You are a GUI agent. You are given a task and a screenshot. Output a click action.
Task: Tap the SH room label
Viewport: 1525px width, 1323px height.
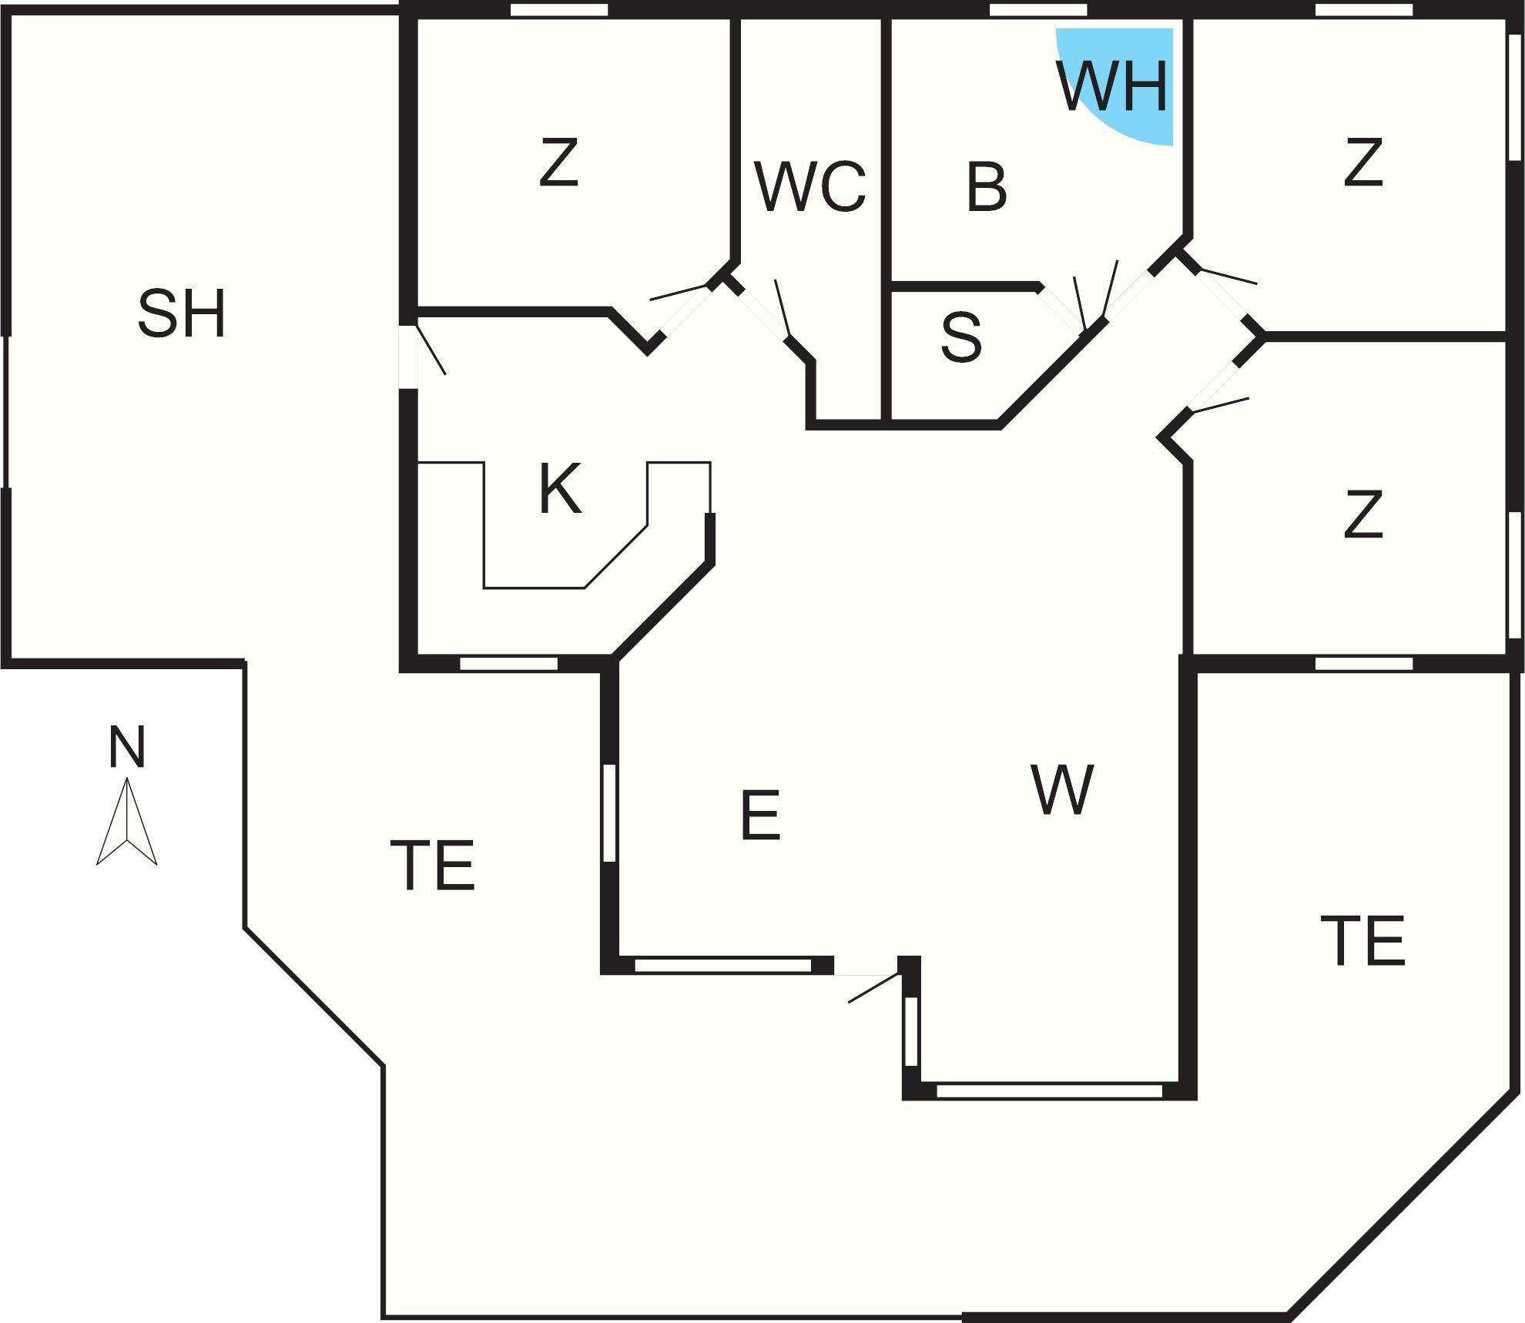pyautogui.click(x=182, y=313)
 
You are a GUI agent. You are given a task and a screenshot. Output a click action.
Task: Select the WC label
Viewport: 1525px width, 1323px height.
pyautogui.click(x=810, y=186)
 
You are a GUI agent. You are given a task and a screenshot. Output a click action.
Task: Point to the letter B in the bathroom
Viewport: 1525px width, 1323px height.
pyautogui.click(x=986, y=187)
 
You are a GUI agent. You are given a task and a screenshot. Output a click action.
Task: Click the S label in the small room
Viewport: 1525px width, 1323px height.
pyautogui.click(x=962, y=337)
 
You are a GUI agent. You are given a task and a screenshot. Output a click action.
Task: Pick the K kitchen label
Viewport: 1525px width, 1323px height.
pyautogui.click(x=559, y=489)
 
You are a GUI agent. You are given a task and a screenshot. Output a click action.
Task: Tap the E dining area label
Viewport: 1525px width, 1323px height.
pyautogui.click(x=759, y=815)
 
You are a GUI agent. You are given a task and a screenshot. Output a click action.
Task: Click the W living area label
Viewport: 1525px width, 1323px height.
pyautogui.click(x=1062, y=789)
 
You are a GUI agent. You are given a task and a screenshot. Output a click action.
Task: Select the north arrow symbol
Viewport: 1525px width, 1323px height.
pyautogui.click(x=126, y=821)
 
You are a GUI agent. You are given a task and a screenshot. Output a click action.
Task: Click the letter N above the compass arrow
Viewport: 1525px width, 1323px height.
pyautogui.click(x=127, y=747)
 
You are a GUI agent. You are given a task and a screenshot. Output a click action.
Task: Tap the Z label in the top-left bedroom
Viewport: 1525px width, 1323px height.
pyautogui.click(x=558, y=162)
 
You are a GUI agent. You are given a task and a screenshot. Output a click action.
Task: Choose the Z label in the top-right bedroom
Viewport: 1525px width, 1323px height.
pyautogui.click(x=1362, y=162)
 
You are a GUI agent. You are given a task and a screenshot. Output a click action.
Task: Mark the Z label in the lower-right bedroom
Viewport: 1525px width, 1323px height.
pyautogui.click(x=1362, y=514)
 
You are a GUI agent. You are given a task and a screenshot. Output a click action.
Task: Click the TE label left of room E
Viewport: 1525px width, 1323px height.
pyautogui.click(x=433, y=865)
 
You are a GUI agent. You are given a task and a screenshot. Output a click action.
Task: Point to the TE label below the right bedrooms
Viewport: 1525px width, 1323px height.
pyautogui.click(x=1362, y=940)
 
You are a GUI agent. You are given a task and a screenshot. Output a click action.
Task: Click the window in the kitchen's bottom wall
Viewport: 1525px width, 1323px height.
pyautogui.click(x=508, y=663)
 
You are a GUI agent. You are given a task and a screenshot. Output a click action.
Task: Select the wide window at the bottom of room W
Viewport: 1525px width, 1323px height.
pyautogui.click(x=1049, y=1090)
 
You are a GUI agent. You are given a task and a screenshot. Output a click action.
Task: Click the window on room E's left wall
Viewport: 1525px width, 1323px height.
pyautogui.click(x=609, y=812)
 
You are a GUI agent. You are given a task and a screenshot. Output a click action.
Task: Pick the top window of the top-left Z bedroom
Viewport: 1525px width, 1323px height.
pyautogui.click(x=560, y=10)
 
